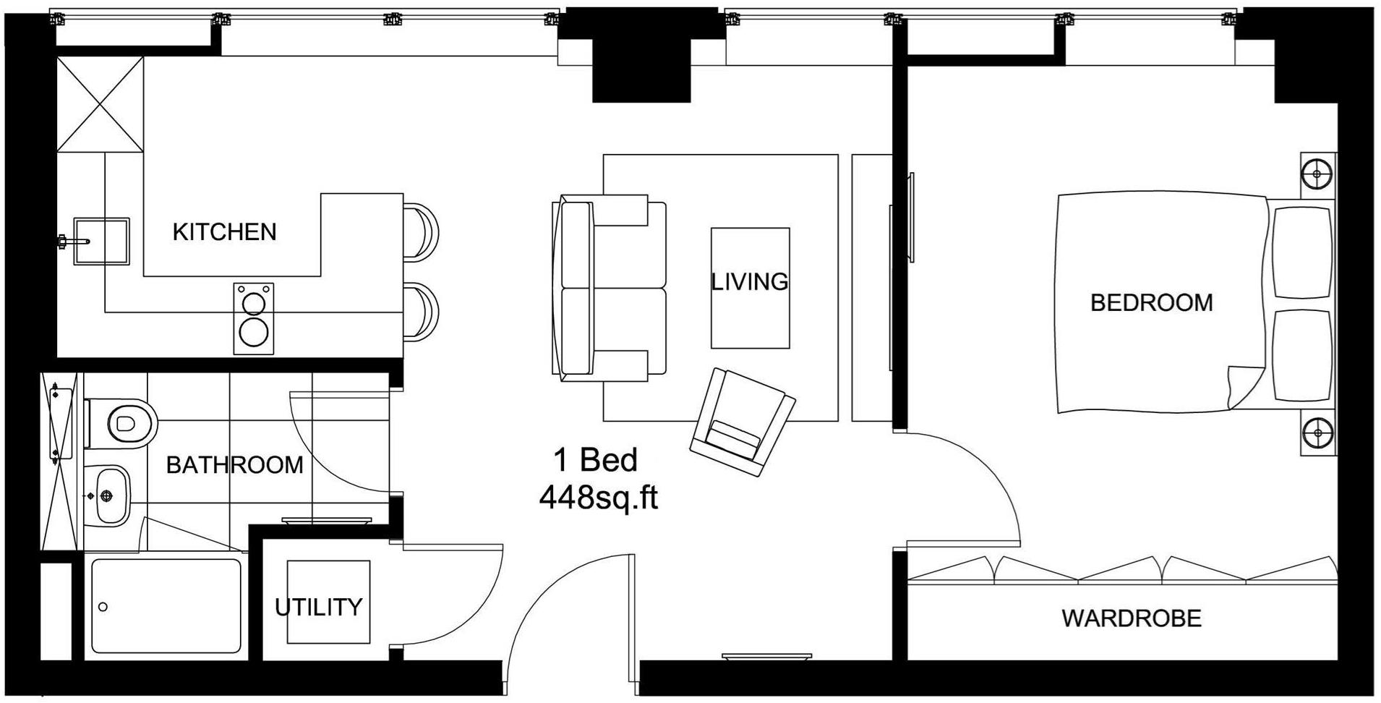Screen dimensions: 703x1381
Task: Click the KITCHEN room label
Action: pyautogui.click(x=224, y=232)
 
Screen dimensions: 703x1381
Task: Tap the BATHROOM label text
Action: pyautogui.click(x=234, y=464)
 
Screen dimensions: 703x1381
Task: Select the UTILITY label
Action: pyautogui.click(x=318, y=607)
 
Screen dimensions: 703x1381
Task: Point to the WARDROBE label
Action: pyautogui.click(x=1131, y=618)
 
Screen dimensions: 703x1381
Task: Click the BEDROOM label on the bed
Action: pyautogui.click(x=1151, y=302)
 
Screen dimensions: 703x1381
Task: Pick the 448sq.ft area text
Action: pyautogui.click(x=599, y=498)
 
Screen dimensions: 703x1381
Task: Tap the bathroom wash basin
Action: pyautogui.click(x=110, y=495)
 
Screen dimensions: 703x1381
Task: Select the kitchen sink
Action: pyautogui.click(x=101, y=241)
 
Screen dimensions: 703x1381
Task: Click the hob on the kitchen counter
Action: pyautogui.click(x=254, y=318)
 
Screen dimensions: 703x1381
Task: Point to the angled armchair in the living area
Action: pyautogui.click(x=742, y=422)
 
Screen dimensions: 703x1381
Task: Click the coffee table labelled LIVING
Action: pyautogui.click(x=750, y=288)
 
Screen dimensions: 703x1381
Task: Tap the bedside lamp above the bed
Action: pyautogui.click(x=1317, y=174)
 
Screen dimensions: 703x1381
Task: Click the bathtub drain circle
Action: pyautogui.click(x=103, y=608)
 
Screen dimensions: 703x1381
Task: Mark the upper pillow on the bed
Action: pyautogui.click(x=1301, y=252)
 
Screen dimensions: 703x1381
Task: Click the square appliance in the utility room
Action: pyautogui.click(x=328, y=602)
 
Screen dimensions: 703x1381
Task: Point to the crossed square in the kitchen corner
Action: pyautogui.click(x=100, y=105)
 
